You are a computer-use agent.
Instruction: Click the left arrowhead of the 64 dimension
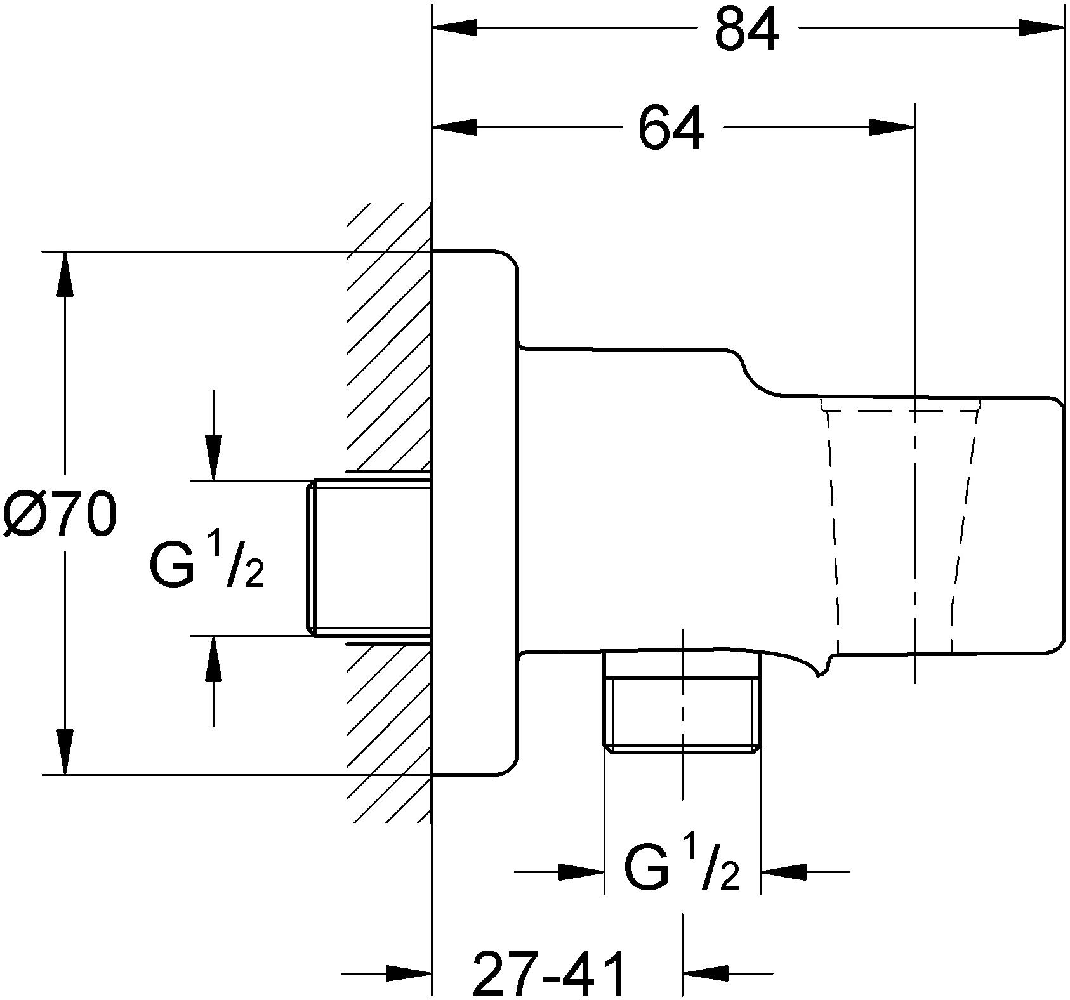tap(454, 128)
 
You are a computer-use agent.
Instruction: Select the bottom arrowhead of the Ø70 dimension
tap(64, 751)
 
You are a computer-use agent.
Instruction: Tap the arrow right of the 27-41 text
tap(705, 972)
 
